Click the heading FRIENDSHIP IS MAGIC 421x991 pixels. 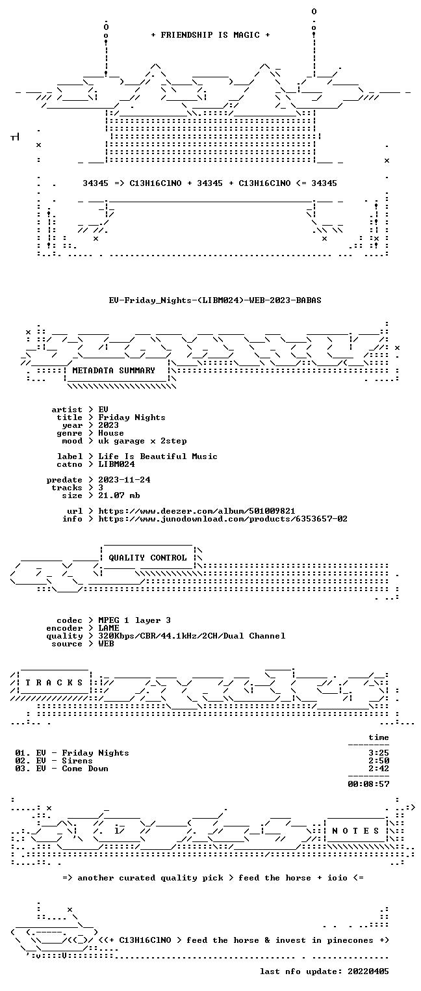click(x=210, y=35)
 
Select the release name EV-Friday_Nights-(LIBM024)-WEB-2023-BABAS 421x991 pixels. click(x=215, y=300)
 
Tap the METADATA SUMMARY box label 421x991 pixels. click(x=114, y=370)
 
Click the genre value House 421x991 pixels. click(x=111, y=433)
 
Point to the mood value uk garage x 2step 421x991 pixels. click(x=142, y=441)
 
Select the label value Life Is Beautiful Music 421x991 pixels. click(x=158, y=456)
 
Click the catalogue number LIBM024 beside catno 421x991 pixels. click(x=116, y=464)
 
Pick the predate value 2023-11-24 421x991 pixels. click(x=124, y=480)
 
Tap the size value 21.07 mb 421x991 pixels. click(x=119, y=495)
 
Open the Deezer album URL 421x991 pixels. click(x=197, y=511)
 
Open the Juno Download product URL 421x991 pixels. click(x=223, y=519)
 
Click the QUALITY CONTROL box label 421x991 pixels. click(x=147, y=558)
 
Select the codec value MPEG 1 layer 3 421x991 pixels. click(x=134, y=620)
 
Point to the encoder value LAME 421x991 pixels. click(x=108, y=628)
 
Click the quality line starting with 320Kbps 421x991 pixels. click(x=192, y=636)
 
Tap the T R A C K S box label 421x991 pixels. click(x=54, y=683)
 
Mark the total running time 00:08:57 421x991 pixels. click(x=368, y=784)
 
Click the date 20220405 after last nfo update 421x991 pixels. click(x=368, y=971)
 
